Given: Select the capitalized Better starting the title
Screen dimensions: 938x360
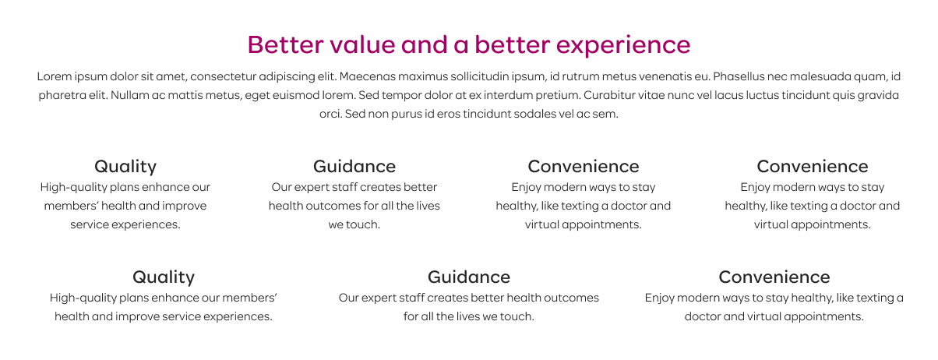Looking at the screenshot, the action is (x=285, y=44).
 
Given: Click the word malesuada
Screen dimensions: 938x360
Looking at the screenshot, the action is (x=821, y=76).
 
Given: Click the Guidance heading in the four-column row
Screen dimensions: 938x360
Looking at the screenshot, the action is (x=354, y=167).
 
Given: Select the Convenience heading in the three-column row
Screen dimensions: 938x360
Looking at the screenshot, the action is (x=774, y=277).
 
